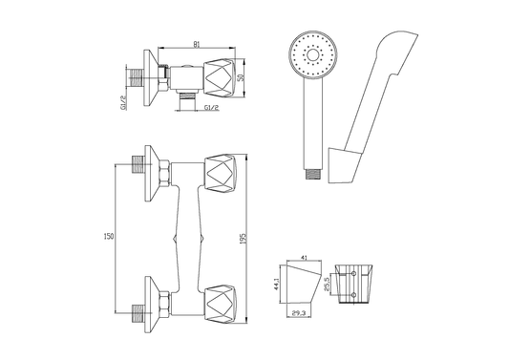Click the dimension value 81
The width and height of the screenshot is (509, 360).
197,45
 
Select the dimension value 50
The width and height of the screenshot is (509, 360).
241,78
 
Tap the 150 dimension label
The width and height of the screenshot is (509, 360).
109,236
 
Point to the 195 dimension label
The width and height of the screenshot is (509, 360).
244,239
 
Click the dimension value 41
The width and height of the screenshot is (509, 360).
305,258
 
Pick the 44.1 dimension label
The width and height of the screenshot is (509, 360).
277,284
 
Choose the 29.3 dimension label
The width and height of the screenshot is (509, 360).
297,313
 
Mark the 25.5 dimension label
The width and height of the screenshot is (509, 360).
328,285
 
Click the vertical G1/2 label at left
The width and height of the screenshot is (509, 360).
124,102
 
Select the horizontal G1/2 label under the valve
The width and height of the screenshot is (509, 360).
212,108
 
